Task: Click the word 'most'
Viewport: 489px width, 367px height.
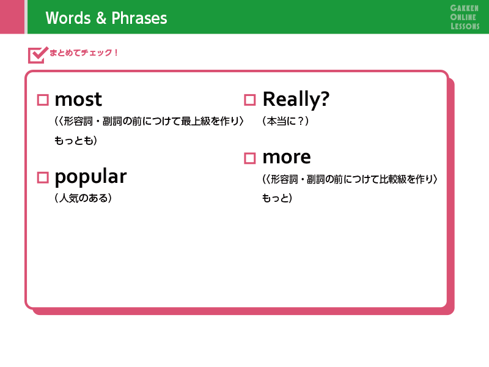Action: coord(78,100)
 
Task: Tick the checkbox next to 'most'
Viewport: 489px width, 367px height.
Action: coord(43,100)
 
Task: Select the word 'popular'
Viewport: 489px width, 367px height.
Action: coord(90,177)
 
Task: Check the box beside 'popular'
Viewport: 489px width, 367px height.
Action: coord(43,177)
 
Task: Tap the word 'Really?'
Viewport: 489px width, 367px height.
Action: coord(296,100)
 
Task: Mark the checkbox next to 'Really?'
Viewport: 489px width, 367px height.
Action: coord(249,100)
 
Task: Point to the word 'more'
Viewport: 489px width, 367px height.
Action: coord(287,157)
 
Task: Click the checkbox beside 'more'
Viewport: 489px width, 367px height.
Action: coord(249,158)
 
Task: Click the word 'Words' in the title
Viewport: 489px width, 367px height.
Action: coord(68,18)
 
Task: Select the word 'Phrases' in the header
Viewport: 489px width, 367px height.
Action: coord(139,18)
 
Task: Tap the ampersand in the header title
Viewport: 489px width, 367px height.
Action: coord(101,18)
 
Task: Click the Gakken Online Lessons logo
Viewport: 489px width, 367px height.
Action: coord(465,17)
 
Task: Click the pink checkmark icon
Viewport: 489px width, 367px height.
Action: coord(38,55)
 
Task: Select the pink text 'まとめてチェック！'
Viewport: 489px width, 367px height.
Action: coord(83,53)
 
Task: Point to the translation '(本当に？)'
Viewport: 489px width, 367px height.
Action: coord(285,121)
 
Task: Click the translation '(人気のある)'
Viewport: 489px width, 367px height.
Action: coord(83,198)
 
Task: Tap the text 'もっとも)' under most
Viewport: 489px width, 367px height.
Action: coord(76,141)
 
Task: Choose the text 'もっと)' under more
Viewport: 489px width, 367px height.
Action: coord(277,198)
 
